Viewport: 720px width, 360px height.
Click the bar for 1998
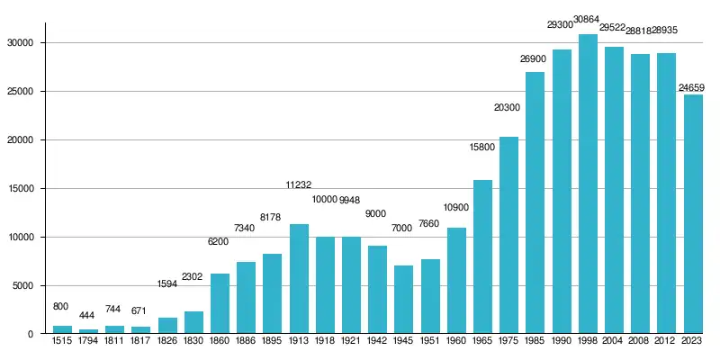point(588,184)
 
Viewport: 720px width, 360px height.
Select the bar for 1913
point(299,279)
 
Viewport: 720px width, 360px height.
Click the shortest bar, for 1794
point(88,331)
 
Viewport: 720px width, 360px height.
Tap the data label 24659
point(692,87)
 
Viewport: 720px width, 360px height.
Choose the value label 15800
point(481,147)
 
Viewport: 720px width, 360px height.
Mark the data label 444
point(87,316)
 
